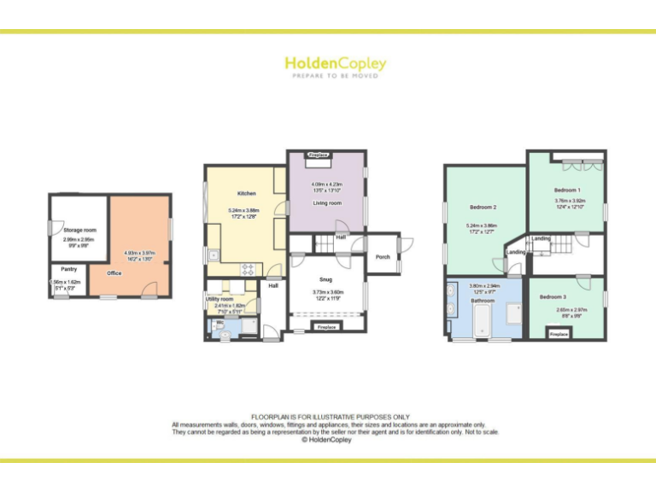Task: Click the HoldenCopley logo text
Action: pos(335,63)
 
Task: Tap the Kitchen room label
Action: pos(247,194)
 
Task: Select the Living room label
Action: pos(326,203)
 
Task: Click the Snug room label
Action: pos(326,279)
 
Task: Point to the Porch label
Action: pos(382,256)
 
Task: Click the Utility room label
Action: pos(220,299)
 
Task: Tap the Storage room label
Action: pos(79,230)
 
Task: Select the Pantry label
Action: pos(69,269)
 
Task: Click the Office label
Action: pos(114,273)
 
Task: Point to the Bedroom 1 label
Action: pos(567,190)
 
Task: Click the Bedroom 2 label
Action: pos(483,208)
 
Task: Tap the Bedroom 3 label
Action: pos(553,296)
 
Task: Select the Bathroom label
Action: pos(483,301)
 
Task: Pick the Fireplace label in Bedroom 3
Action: pos(559,334)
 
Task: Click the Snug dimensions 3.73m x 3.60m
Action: pos(326,293)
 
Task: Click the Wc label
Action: pos(220,322)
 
